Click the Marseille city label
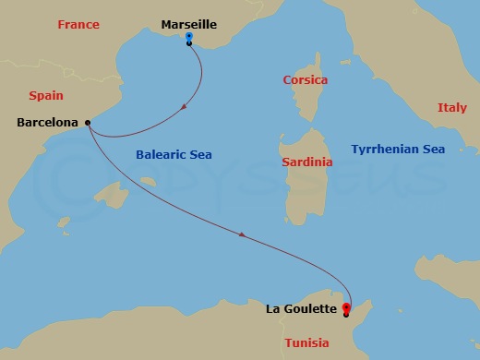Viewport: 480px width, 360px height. point(188,25)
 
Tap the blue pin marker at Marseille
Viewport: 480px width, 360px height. point(188,38)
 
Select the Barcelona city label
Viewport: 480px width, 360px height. point(48,122)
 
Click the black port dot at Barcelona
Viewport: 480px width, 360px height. point(87,122)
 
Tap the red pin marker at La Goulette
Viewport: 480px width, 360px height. point(346,308)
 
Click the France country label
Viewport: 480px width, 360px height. point(78,25)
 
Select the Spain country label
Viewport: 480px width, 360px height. point(46,95)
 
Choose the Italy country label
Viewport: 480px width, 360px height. point(451,108)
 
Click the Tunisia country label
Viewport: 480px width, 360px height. point(306,343)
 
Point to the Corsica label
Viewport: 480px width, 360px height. point(306,81)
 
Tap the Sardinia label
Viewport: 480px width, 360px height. point(306,162)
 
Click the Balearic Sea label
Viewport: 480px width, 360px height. point(174,155)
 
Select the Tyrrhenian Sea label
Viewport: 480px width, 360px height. point(398,149)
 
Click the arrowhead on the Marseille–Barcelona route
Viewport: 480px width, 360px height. point(186,108)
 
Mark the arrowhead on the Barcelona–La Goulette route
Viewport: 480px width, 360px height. point(242,235)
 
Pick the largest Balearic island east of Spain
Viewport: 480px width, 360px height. point(115,196)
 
